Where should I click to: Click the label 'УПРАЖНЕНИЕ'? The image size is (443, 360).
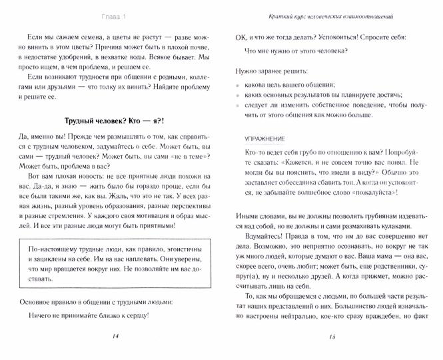[x=264, y=140]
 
